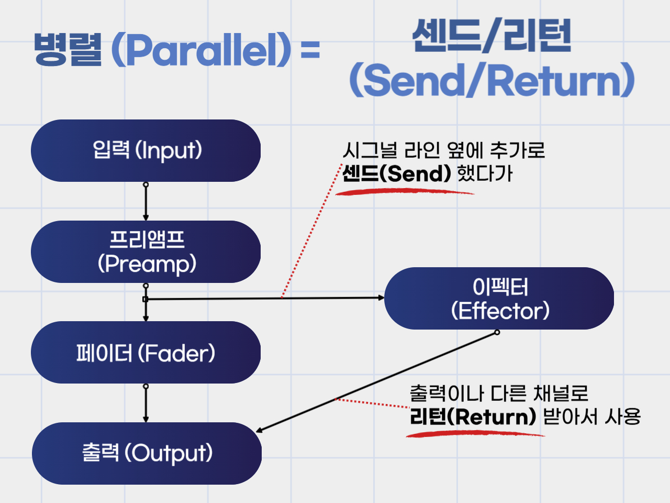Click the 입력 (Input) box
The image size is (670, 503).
coord(146,151)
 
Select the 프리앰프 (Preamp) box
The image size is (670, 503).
coord(146,252)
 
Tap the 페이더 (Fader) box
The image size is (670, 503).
coord(146,353)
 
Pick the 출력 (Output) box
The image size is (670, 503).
coord(147,453)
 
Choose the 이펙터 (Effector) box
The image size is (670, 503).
coord(499,299)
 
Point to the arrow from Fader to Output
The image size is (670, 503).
coord(146,404)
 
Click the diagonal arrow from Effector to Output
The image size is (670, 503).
coord(377,382)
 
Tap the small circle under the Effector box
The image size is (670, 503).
coord(497,332)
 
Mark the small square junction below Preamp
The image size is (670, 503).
coord(146,299)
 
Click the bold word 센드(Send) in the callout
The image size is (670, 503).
coord(396,173)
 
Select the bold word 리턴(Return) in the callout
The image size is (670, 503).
coord(473,417)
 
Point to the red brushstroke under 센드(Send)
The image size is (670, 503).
coord(403,192)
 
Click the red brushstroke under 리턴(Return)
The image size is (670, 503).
coord(474,434)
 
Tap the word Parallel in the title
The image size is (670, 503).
coord(201,50)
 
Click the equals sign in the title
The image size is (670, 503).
coord(310,51)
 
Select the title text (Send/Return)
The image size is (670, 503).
coord(492,80)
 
